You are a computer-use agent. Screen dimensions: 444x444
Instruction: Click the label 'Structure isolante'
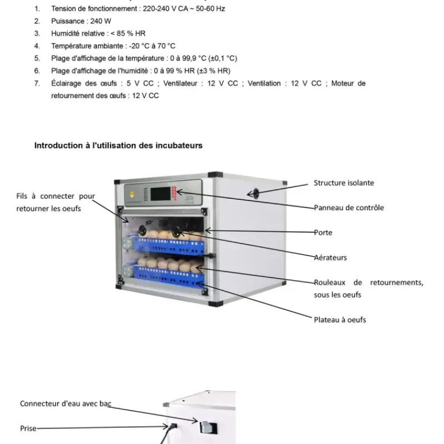[x=344, y=183]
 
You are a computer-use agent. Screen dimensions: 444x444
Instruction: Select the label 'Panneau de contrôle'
[x=349, y=208]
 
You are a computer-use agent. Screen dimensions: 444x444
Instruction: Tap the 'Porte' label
[x=323, y=233]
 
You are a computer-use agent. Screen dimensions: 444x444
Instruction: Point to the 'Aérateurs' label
[x=330, y=258]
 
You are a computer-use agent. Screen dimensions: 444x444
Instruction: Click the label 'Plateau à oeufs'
[x=340, y=320]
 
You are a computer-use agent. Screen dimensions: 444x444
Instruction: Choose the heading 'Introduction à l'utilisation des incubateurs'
[x=118, y=145]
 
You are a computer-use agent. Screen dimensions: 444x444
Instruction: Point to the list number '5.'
[x=37, y=58]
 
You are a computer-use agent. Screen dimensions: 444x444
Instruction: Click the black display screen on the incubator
[x=161, y=194]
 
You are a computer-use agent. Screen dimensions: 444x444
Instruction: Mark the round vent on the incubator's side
[x=254, y=194]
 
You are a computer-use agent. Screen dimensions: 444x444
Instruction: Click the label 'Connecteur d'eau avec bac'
[x=66, y=403]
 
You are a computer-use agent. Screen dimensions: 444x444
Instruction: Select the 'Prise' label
[x=28, y=428]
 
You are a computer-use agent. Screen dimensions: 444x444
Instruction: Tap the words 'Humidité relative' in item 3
[x=77, y=33]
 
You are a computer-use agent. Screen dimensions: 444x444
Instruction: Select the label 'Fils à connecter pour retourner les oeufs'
[x=56, y=202]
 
